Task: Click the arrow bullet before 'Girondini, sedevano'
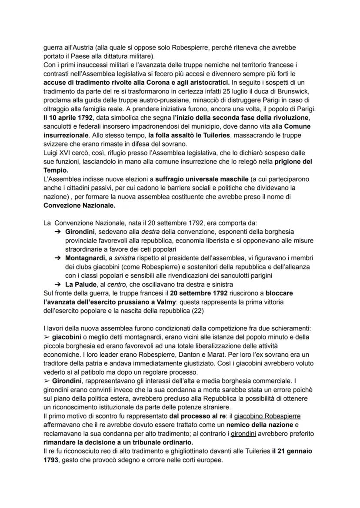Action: pos(57,232)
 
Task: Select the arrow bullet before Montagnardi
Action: pos(57,258)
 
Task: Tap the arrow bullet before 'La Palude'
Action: pos(57,284)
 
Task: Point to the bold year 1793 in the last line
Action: pos(51,460)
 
